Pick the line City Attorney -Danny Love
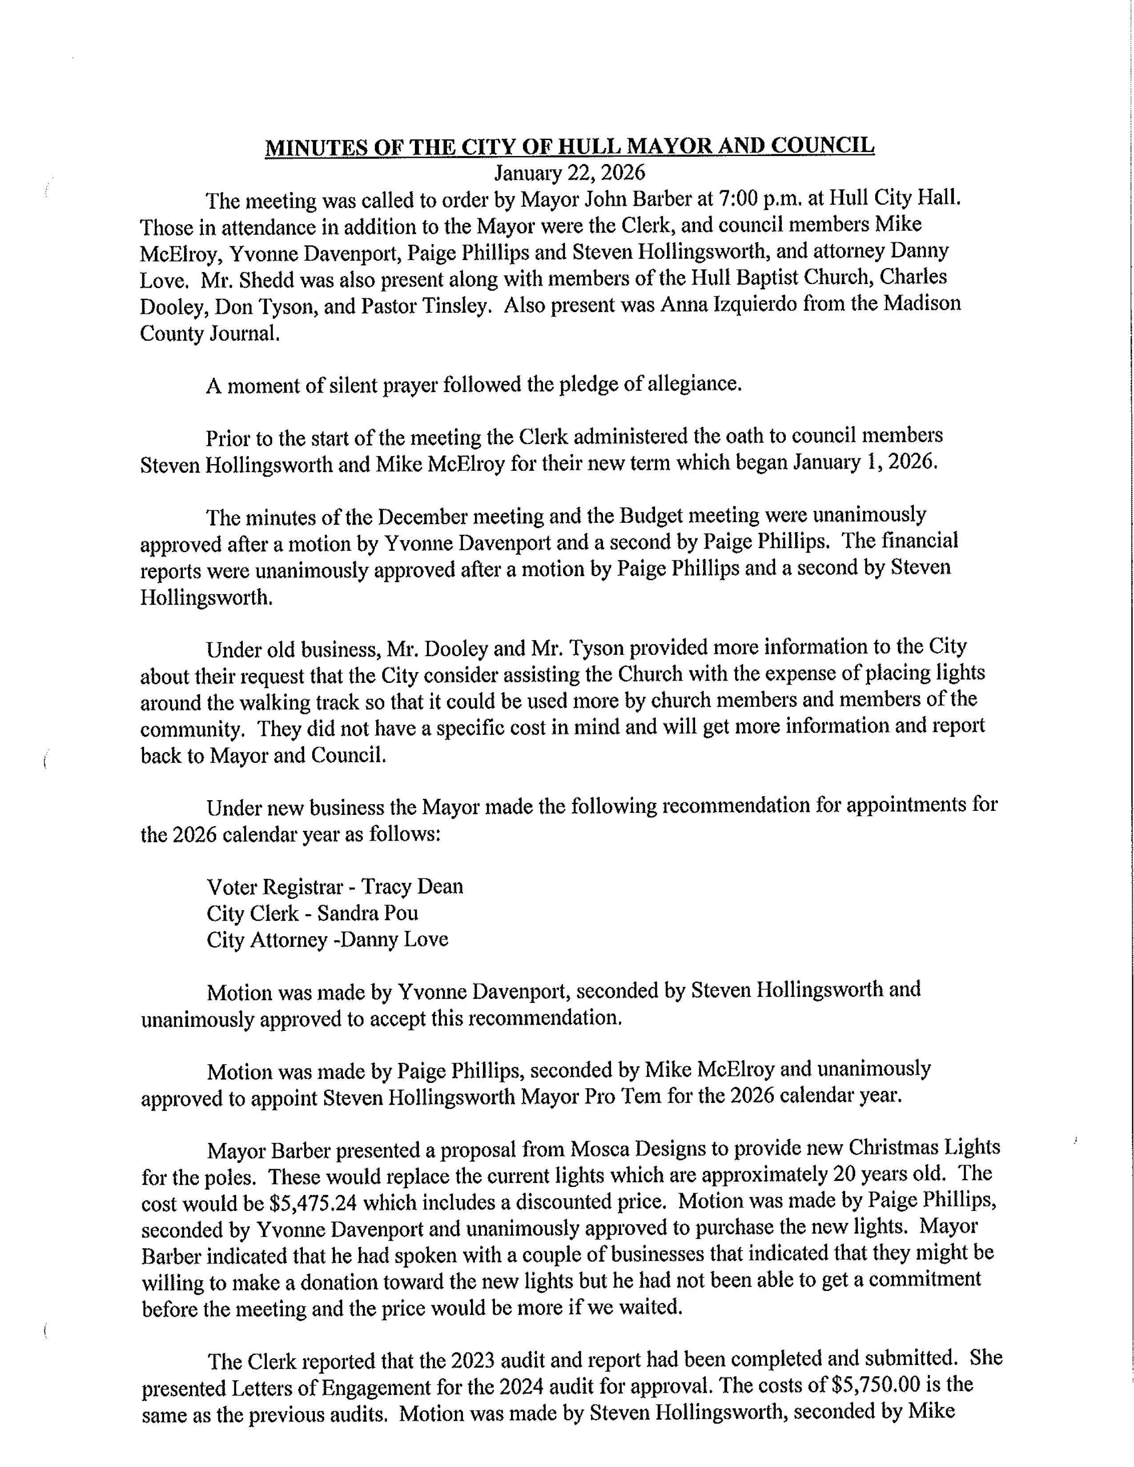327,939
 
